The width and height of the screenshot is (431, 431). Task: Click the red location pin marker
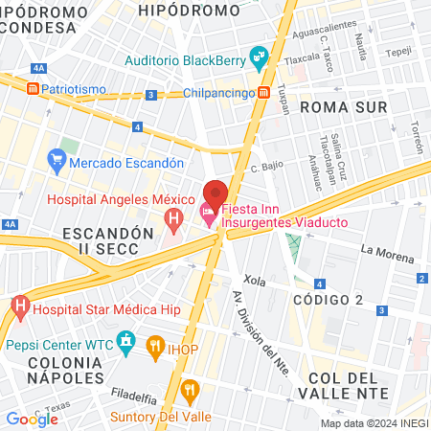tap(215, 193)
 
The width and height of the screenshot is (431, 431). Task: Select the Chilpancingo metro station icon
tap(262, 92)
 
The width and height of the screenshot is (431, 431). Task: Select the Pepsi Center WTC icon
tap(125, 341)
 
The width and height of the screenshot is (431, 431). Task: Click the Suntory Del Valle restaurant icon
tap(189, 390)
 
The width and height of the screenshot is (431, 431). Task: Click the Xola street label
tap(255, 282)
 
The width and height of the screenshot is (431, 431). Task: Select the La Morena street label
tap(388, 253)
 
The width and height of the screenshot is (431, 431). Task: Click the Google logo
tap(32, 419)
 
